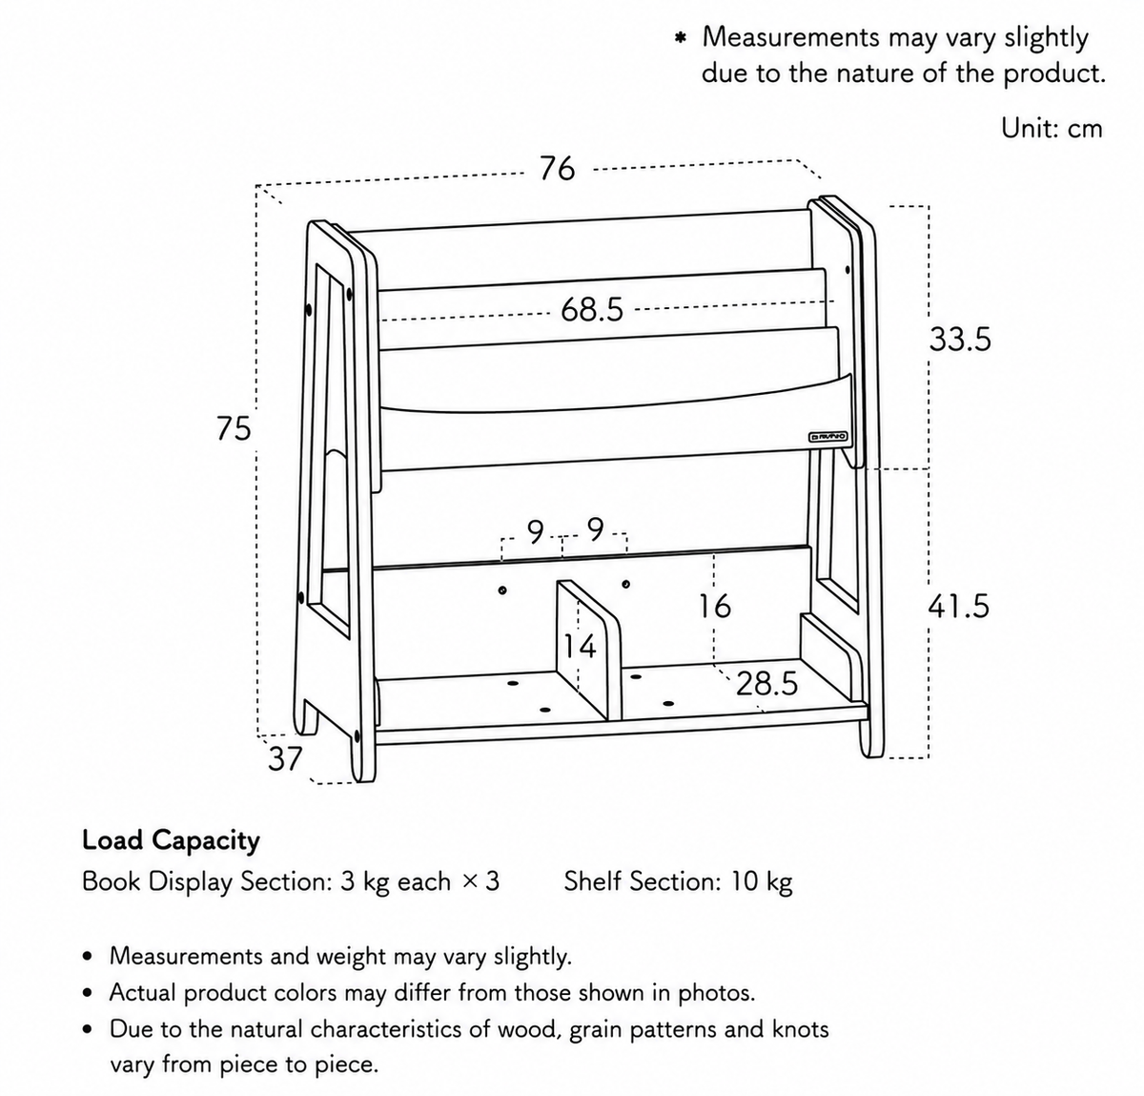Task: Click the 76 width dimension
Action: (558, 168)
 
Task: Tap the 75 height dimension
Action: (234, 428)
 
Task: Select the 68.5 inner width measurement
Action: (591, 309)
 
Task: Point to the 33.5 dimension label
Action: (960, 340)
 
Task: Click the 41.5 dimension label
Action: (959, 606)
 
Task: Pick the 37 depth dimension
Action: (285, 758)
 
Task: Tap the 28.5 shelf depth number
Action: (767, 684)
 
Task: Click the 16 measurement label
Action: (715, 606)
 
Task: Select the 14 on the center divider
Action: (581, 647)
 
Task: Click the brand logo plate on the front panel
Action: (828, 437)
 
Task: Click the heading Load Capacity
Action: (171, 840)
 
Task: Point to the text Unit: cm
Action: (1052, 128)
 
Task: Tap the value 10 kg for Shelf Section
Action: (762, 881)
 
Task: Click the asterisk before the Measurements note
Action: (680, 39)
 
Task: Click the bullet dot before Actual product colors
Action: (88, 994)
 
